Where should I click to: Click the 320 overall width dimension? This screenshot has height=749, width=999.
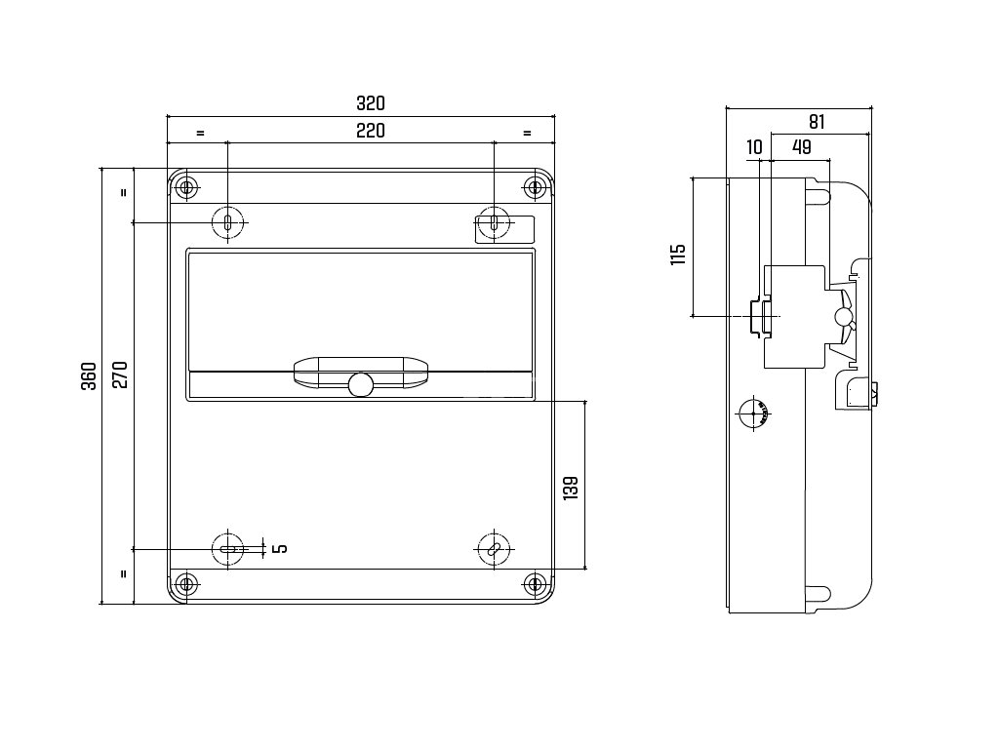(x=370, y=102)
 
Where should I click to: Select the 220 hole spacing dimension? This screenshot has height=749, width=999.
(x=370, y=131)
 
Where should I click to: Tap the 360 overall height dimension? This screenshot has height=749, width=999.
(x=89, y=376)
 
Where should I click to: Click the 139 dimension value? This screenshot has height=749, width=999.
(x=571, y=488)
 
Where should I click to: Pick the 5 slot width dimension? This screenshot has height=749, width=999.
(x=281, y=549)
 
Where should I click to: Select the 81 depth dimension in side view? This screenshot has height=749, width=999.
(x=818, y=122)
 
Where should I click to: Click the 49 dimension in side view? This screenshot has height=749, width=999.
(x=802, y=147)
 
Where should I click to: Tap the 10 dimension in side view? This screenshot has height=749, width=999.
(x=754, y=147)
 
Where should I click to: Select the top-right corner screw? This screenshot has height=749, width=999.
(x=534, y=185)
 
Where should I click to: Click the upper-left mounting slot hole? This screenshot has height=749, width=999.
(x=227, y=222)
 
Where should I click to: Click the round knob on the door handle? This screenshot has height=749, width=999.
(x=360, y=384)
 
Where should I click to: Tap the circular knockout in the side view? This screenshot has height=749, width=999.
(x=752, y=414)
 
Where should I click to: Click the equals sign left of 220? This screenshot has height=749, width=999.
(x=200, y=132)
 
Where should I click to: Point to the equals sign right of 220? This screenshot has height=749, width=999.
(x=527, y=132)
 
